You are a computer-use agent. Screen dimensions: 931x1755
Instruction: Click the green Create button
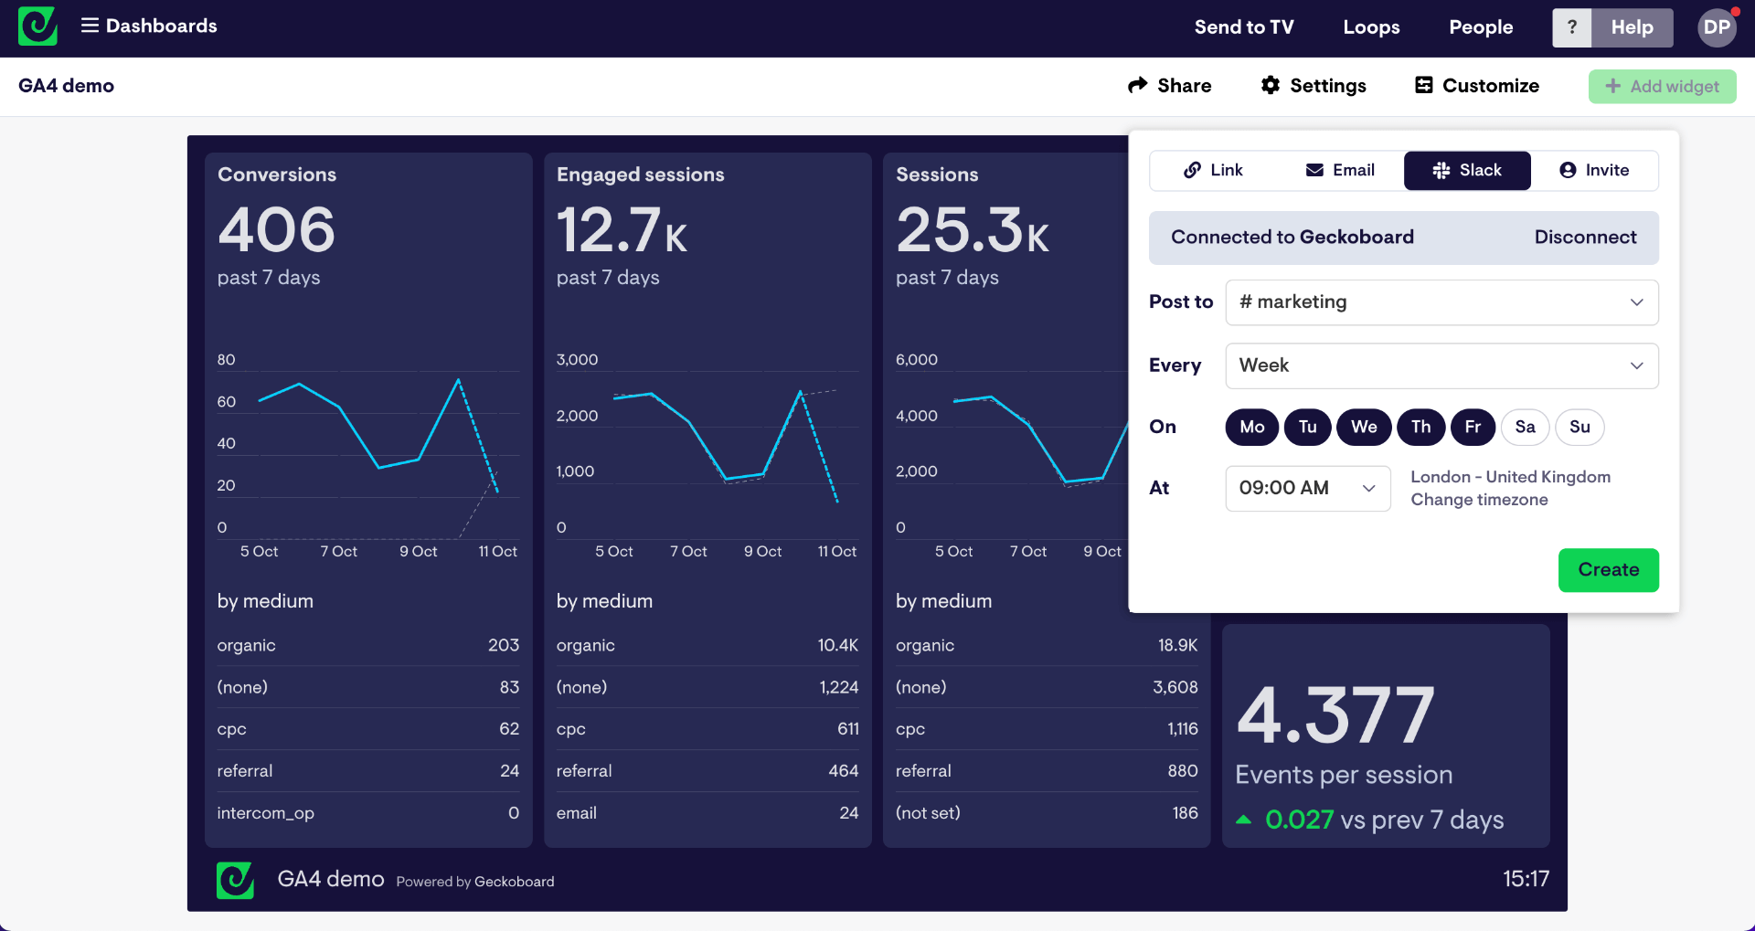(x=1608, y=570)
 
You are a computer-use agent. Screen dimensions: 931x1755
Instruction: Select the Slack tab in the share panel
(x=1467, y=171)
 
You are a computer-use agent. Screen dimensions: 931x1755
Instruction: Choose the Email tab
(x=1340, y=171)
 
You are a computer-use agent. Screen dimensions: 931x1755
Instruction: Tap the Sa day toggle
(x=1525, y=427)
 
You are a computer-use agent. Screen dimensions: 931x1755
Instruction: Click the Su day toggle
(x=1579, y=427)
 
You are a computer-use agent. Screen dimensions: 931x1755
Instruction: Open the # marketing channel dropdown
(x=1441, y=302)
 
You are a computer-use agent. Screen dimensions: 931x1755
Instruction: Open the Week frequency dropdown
(x=1441, y=365)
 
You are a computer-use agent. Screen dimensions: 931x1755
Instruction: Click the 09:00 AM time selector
(x=1307, y=488)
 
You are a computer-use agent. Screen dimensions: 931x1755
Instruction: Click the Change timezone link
(x=1479, y=500)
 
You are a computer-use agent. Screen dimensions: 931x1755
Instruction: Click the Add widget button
(x=1662, y=87)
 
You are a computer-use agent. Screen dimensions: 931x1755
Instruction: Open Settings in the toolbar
(x=1314, y=86)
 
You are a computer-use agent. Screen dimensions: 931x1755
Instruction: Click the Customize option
(x=1477, y=86)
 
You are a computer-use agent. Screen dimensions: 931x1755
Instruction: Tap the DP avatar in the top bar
(x=1716, y=27)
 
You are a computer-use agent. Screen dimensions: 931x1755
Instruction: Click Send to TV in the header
(x=1243, y=27)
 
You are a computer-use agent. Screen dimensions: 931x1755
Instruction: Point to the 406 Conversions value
(x=276, y=229)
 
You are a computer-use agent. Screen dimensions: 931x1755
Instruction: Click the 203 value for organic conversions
(x=503, y=645)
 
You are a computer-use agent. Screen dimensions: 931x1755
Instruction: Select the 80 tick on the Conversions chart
(x=226, y=360)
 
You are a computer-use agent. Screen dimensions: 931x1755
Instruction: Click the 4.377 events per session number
(x=1335, y=715)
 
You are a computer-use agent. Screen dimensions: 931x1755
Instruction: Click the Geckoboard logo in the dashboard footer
(x=235, y=880)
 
